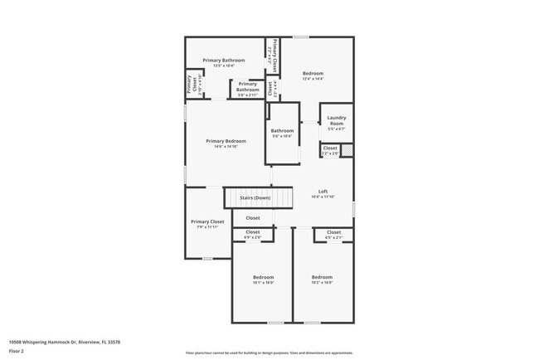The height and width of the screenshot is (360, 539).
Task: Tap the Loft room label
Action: (323, 192)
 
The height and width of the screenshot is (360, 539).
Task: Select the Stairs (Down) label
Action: (255, 198)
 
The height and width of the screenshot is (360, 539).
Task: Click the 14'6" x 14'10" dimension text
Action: (226, 147)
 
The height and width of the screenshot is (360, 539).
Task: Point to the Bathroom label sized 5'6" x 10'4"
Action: (282, 131)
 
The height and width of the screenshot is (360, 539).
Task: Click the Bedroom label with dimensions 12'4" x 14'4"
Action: (313, 73)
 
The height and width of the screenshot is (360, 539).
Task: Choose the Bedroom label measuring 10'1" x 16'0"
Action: (263, 277)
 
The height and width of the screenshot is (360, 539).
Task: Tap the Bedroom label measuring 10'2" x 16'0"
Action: (322, 277)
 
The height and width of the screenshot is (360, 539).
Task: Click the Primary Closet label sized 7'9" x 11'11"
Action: (207, 221)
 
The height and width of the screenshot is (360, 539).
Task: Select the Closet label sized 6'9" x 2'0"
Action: (252, 232)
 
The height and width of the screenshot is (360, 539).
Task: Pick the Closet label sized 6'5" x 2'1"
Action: (333, 232)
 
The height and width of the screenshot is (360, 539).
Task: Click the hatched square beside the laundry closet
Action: (347, 150)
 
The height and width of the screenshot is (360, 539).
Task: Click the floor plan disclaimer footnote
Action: (269, 353)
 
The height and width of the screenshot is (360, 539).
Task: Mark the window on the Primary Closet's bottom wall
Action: (207, 259)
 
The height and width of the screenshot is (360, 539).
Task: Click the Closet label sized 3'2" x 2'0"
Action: (330, 150)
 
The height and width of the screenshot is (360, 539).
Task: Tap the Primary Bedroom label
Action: (226, 141)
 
